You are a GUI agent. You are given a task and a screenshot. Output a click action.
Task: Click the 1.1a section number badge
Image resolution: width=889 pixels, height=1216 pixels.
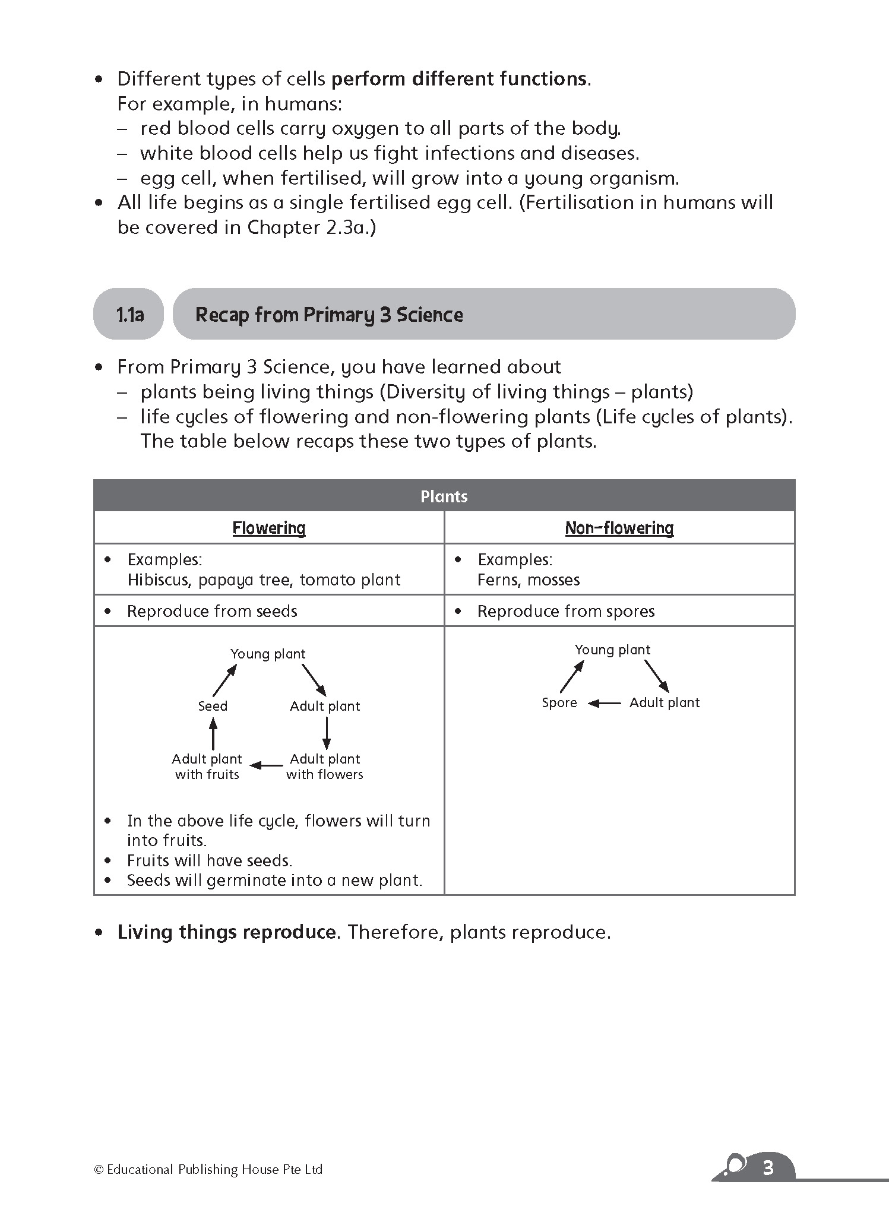[129, 314]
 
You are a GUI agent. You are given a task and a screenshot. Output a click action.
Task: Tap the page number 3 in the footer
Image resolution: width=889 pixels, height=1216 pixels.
[768, 1168]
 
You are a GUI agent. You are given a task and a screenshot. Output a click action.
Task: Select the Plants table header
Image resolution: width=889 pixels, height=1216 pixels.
[444, 496]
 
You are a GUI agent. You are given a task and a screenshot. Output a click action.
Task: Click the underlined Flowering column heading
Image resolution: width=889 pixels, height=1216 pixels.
[269, 528]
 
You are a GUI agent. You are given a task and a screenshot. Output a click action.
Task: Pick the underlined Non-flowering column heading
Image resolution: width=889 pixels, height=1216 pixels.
[619, 528]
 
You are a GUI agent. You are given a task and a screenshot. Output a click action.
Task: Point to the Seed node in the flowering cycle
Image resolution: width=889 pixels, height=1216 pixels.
[213, 706]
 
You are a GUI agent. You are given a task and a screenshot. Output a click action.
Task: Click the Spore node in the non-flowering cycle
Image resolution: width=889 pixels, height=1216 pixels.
[559, 703]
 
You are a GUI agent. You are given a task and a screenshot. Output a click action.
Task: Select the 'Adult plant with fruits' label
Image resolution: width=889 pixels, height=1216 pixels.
[207, 767]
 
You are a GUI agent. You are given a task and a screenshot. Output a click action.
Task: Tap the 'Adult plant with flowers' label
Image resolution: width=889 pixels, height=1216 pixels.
[325, 767]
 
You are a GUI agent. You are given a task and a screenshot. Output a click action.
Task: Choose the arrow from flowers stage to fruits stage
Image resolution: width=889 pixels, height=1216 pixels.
[267, 765]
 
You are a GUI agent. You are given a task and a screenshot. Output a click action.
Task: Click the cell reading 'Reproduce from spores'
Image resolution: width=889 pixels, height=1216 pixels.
[566, 612]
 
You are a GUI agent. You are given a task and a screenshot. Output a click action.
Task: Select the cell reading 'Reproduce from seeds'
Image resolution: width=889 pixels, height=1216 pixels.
[212, 612]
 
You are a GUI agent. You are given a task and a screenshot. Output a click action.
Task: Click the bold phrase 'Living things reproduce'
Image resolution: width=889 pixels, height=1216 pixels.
[226, 932]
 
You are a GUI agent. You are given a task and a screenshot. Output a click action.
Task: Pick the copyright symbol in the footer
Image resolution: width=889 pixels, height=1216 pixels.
[99, 1170]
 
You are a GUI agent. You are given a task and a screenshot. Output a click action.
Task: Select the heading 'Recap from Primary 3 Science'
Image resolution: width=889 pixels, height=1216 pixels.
[329, 314]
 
